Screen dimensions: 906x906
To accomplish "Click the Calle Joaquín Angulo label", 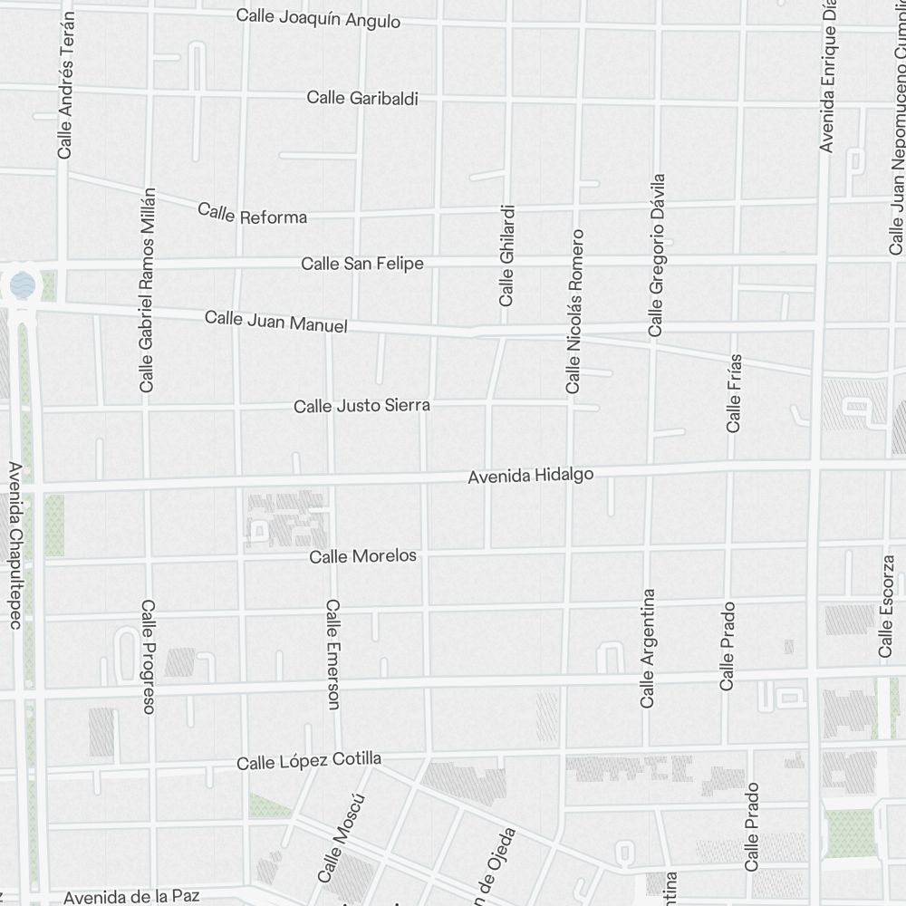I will point(318,18).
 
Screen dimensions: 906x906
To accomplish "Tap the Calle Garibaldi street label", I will point(362,98).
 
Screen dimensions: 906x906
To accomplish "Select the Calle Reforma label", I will point(253,214).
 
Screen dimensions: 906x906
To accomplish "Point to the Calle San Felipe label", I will point(362,264).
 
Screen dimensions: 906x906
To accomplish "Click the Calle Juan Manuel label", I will point(276,321).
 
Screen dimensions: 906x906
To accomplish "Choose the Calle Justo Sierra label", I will point(361,406).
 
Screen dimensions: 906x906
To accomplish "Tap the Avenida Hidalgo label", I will point(530,475).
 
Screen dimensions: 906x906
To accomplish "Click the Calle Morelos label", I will point(363,555).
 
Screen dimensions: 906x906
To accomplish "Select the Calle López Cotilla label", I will point(309,761).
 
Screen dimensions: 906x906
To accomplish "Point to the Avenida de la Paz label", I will point(131,896).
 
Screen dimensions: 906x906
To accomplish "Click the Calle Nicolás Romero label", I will point(573,311).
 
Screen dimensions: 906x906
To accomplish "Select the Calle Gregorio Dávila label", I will point(657,255).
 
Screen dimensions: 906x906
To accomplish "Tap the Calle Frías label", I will point(735,392).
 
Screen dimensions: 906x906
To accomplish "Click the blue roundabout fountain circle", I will point(23,286).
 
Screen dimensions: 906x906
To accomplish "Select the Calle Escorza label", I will point(886,604).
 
